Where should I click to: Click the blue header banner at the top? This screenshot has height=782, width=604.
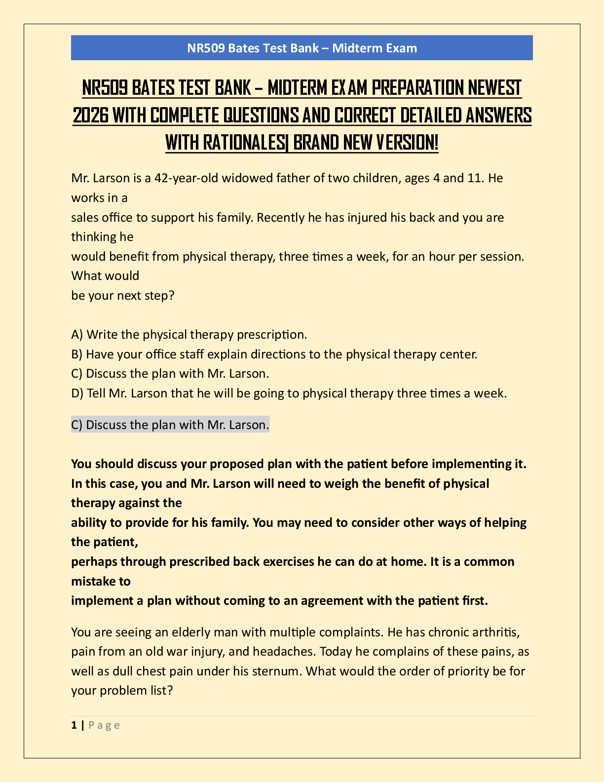coord(302,48)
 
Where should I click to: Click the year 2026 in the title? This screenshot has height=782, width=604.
coord(90,116)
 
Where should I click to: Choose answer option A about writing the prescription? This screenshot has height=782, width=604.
coord(189,335)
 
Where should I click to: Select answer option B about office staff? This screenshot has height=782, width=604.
coord(274,354)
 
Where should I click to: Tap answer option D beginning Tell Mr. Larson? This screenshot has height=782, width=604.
coord(289,393)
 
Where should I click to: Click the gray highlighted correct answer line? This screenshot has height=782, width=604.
coord(170,425)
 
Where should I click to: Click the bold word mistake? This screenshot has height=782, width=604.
coord(93,582)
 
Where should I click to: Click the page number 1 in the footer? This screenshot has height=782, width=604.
coord(74,725)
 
